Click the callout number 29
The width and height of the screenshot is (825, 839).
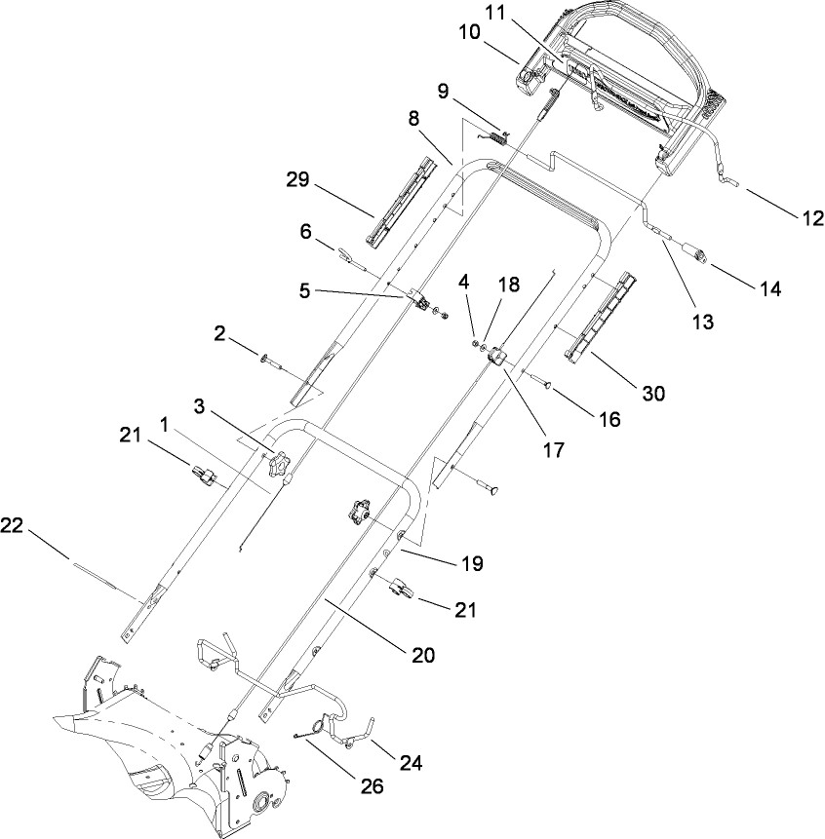point(297,179)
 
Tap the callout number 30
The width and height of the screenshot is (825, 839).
point(652,394)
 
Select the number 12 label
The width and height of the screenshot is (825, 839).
point(811,217)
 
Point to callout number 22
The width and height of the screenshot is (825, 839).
point(12,525)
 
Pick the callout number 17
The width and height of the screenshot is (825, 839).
point(554,450)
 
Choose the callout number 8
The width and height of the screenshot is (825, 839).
point(413,118)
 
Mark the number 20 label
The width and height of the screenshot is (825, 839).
point(423,655)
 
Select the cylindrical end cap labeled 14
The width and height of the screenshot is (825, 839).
point(694,252)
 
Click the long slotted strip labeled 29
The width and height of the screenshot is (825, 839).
point(401,203)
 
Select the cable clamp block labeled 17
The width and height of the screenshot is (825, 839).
point(498,356)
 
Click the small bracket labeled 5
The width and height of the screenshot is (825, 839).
point(419,298)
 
